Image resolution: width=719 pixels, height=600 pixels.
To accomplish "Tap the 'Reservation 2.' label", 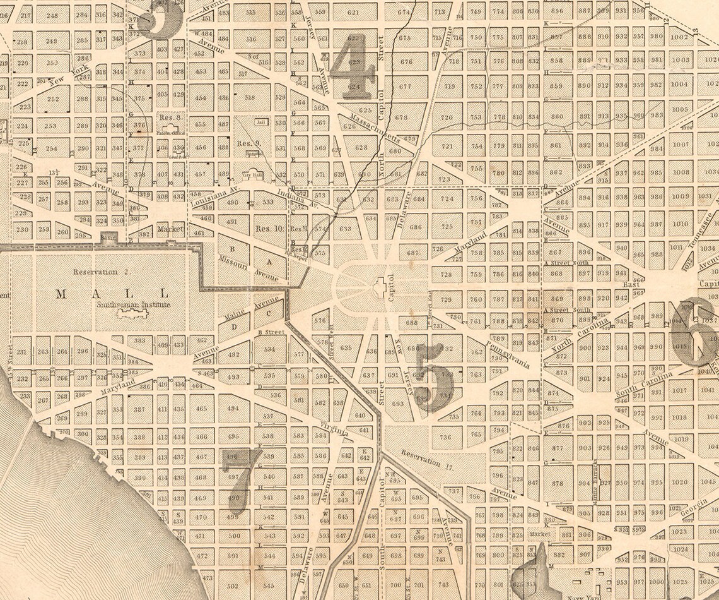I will click(x=95, y=272).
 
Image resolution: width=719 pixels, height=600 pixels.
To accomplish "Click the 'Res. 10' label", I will click(x=268, y=228).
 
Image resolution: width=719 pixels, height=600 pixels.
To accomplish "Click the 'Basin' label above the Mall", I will click(x=108, y=238).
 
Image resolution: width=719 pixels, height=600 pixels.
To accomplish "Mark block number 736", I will click(x=446, y=437).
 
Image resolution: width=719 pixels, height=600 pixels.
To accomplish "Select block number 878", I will click(x=558, y=484).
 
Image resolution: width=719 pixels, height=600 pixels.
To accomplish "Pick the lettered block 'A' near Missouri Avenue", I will click(x=269, y=260).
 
